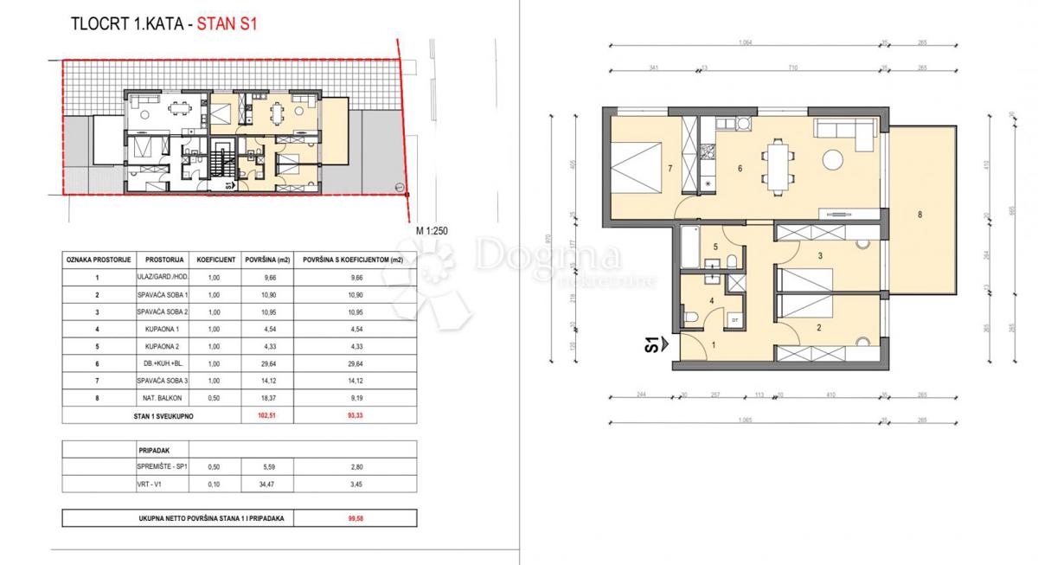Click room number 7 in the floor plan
point(670,170)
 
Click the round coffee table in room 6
point(834,161)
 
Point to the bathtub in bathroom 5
point(689,247)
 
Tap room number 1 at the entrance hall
point(714,345)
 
